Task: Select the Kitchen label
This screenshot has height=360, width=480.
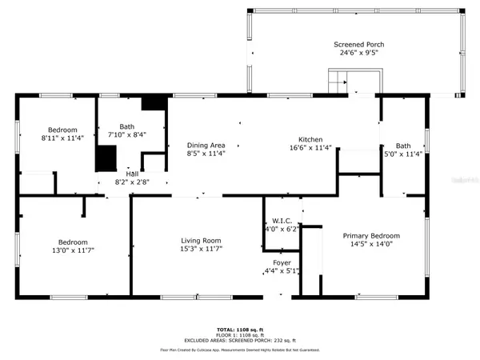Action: click(x=310, y=138)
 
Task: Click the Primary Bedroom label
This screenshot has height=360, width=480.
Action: click(x=370, y=235)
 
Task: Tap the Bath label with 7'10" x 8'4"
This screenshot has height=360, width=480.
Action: click(x=127, y=126)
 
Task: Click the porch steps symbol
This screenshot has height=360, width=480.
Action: click(x=340, y=81)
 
